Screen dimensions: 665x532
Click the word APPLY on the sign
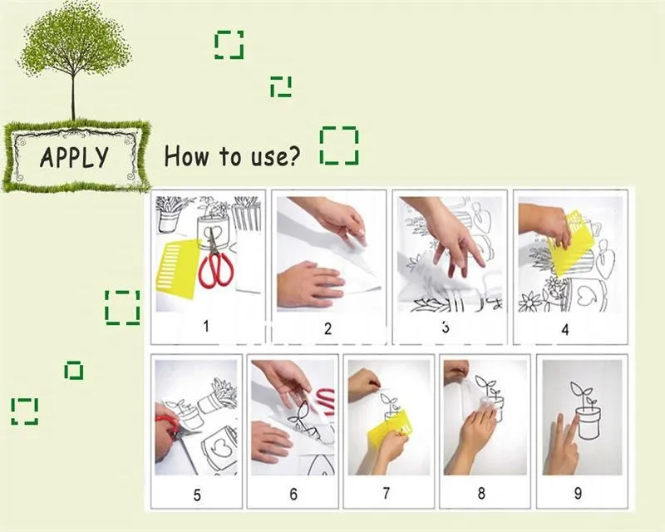[x=74, y=157]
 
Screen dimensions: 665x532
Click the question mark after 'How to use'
[x=293, y=156]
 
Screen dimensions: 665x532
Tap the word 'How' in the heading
[x=186, y=155]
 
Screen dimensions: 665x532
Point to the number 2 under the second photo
[x=328, y=328]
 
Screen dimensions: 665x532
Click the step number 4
[x=565, y=330]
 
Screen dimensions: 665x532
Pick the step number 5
[x=197, y=495]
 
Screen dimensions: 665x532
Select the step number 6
[x=293, y=494]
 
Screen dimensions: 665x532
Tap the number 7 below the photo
[x=386, y=493]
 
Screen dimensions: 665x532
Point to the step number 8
[x=481, y=493]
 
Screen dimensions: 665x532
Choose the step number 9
[x=578, y=493]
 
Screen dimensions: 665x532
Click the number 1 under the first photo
[x=206, y=326]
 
